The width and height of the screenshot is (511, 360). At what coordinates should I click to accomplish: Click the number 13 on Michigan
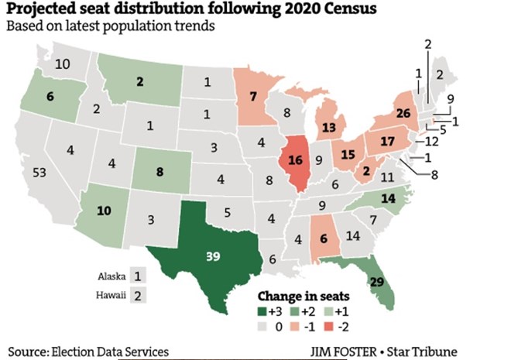click(x=329, y=127)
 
